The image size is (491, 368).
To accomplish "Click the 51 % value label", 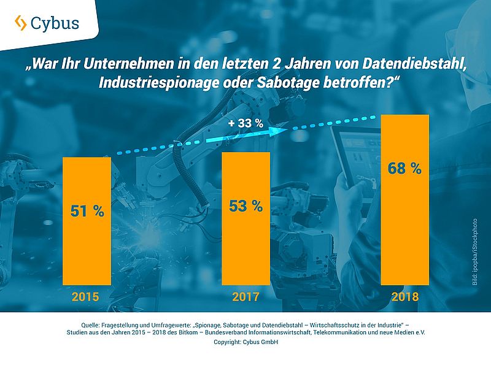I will pos(87,212).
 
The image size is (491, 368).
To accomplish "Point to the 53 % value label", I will pos(245,206).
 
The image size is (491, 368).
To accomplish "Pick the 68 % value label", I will pos(404,168).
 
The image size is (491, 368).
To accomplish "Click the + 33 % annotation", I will pos(245,123).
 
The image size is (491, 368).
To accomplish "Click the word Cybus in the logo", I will pos(56,23).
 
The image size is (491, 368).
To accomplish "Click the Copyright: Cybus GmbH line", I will pos(245,342).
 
